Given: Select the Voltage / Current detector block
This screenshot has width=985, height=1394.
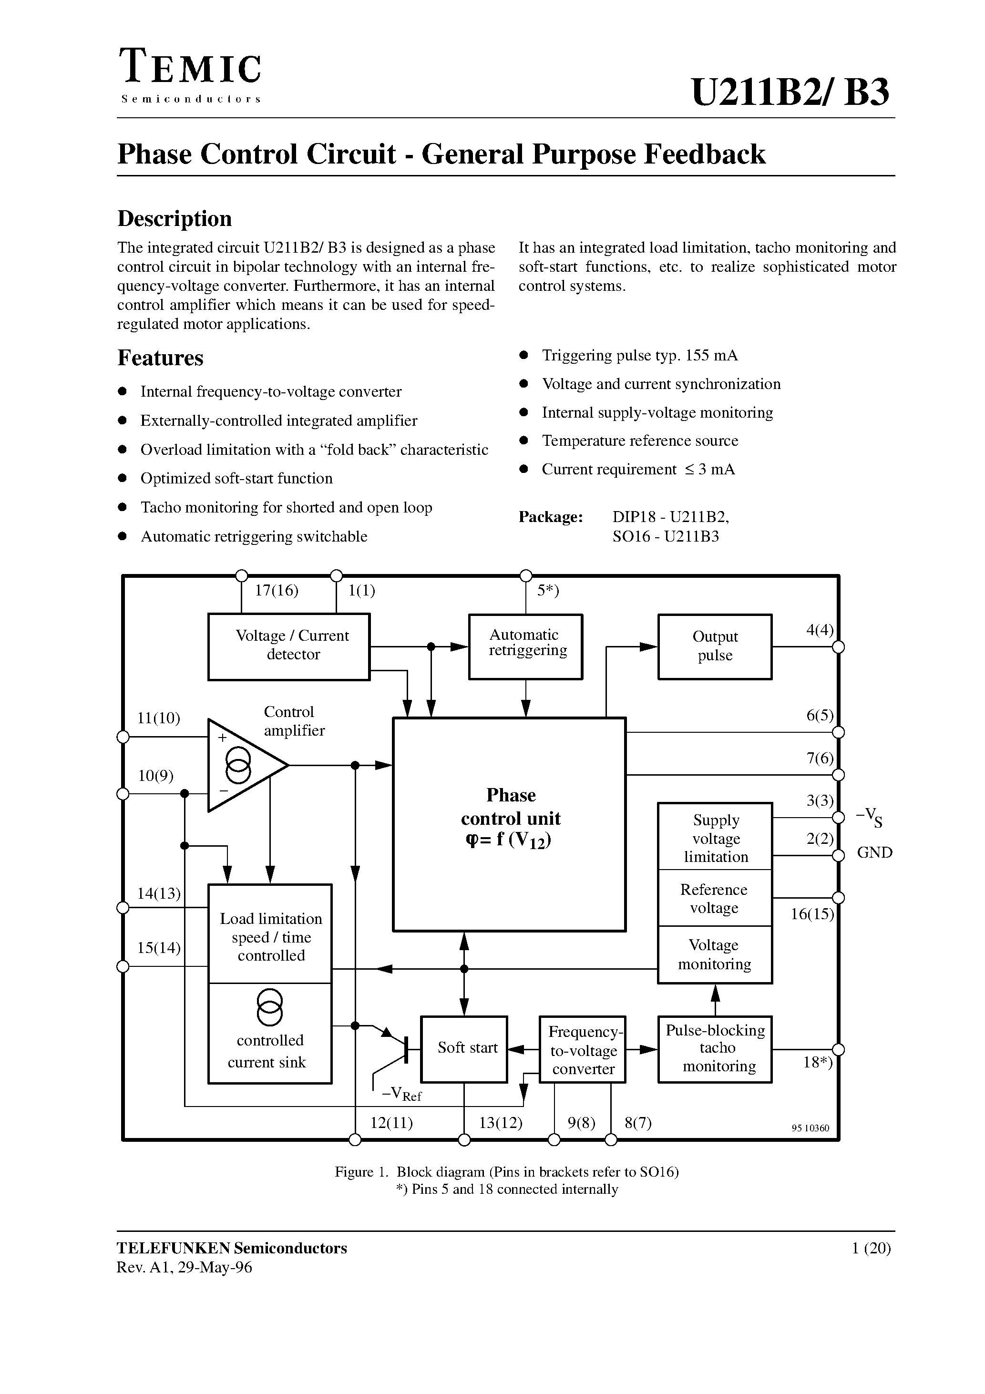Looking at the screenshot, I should pos(288,646).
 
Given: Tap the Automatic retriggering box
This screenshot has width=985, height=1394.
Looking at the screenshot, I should pos(525,646).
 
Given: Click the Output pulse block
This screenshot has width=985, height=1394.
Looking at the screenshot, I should pos(715,646).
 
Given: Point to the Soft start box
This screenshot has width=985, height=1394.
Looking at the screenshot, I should pos(464,1048).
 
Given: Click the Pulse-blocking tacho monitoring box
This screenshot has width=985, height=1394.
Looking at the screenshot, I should pos(715,1048).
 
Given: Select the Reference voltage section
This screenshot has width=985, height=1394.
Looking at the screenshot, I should pos(714,899).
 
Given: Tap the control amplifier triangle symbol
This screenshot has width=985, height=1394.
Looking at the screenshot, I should pos(243,765).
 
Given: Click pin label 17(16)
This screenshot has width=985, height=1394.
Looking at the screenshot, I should pos(277,591).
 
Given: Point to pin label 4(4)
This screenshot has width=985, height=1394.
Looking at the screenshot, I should pos(819,630).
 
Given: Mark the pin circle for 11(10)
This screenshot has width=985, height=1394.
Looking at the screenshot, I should pos(123,737).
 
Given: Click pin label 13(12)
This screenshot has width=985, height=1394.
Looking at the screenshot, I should pos(501,1123).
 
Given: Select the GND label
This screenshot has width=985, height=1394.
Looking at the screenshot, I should pos(874,852).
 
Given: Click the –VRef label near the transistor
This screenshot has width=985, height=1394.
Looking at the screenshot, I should pos(401,1094).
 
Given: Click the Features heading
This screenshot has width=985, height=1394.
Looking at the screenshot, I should pos(160,358).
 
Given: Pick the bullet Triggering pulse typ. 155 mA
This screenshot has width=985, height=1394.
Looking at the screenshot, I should pos(639,355).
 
